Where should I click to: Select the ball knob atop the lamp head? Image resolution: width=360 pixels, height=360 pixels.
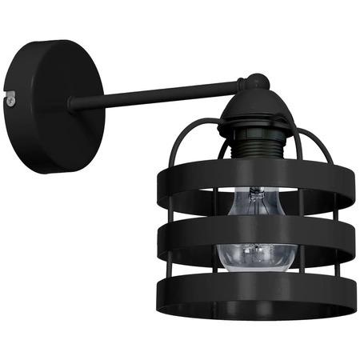pos(254,81)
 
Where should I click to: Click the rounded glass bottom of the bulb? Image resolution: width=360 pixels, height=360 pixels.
pos(253,260)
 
